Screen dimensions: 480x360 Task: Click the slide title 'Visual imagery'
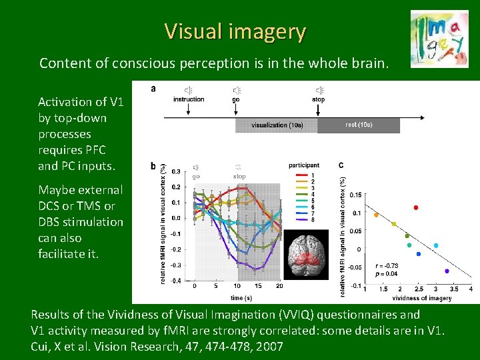(x=235, y=31)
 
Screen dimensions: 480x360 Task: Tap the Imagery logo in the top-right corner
(x=439, y=37)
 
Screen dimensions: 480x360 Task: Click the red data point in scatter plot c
(x=416, y=208)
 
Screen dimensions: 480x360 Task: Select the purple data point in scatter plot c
(x=447, y=271)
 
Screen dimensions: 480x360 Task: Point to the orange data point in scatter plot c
(x=376, y=215)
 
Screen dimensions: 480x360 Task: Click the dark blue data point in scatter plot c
(x=418, y=254)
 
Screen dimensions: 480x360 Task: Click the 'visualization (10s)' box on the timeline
(x=276, y=125)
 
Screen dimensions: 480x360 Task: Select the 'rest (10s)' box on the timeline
(x=359, y=125)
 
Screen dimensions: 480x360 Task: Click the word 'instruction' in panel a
(x=189, y=99)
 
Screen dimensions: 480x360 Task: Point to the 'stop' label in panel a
(x=319, y=99)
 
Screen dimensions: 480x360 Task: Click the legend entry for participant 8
(x=313, y=219)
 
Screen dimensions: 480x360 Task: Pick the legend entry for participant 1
(x=313, y=175)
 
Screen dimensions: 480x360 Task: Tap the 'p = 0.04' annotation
(x=387, y=274)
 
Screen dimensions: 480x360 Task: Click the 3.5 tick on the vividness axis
(x=453, y=289)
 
